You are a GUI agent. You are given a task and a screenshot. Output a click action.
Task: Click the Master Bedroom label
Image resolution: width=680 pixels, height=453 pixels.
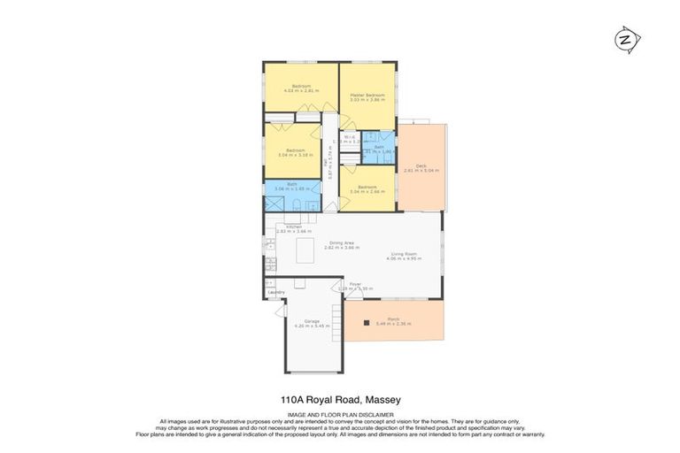(x=367, y=95)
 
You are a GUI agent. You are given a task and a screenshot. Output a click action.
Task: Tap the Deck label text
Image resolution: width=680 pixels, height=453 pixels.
(x=421, y=165)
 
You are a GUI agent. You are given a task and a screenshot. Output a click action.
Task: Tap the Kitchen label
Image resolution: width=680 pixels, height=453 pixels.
(x=294, y=226)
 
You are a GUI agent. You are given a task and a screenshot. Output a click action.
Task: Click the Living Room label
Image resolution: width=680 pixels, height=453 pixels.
(x=402, y=254)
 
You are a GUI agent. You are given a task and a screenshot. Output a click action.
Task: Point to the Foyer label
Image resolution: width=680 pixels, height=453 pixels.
(x=354, y=284)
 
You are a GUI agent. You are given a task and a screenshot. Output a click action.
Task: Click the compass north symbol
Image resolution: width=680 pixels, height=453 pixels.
(x=628, y=40)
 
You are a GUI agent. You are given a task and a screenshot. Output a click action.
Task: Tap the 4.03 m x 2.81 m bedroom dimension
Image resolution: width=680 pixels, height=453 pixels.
(x=300, y=90)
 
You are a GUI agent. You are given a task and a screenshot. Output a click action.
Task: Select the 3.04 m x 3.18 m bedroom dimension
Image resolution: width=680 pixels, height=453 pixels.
(x=295, y=155)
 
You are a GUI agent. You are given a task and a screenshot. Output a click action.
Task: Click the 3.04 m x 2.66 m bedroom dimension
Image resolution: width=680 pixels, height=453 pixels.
(x=368, y=191)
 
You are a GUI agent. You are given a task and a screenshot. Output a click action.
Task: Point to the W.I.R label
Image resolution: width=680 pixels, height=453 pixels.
(x=349, y=136)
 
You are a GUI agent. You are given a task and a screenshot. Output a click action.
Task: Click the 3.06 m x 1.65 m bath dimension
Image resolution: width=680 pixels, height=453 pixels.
(x=291, y=188)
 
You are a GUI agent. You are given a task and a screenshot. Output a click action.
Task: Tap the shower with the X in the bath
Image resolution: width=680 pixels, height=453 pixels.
(x=273, y=203)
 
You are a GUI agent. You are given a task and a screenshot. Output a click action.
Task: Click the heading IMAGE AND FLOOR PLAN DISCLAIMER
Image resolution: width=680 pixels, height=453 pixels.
(x=340, y=413)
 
